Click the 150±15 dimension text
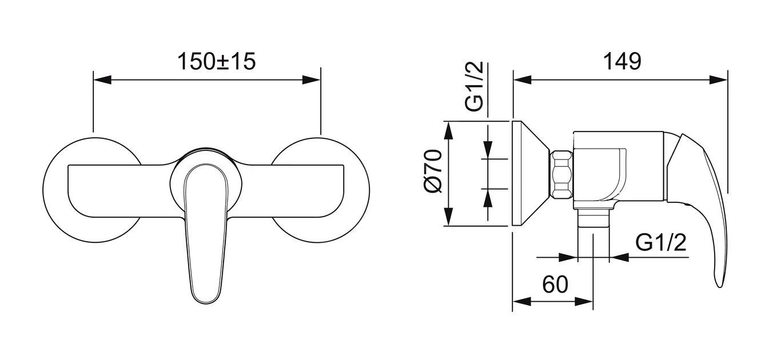[216, 61]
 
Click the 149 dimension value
[622, 61]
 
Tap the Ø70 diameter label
[433, 171]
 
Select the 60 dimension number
[555, 284]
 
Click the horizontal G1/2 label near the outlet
[661, 242]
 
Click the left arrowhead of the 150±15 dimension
[102, 79]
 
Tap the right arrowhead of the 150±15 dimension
[311, 79]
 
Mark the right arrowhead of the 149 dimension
[718, 79]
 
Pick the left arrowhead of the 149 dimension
[523, 79]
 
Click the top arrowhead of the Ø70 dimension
[448, 131]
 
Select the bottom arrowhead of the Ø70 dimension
[448, 217]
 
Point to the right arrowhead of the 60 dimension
[584, 301]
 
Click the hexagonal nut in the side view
[562, 174]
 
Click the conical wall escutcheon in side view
[530, 174]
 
